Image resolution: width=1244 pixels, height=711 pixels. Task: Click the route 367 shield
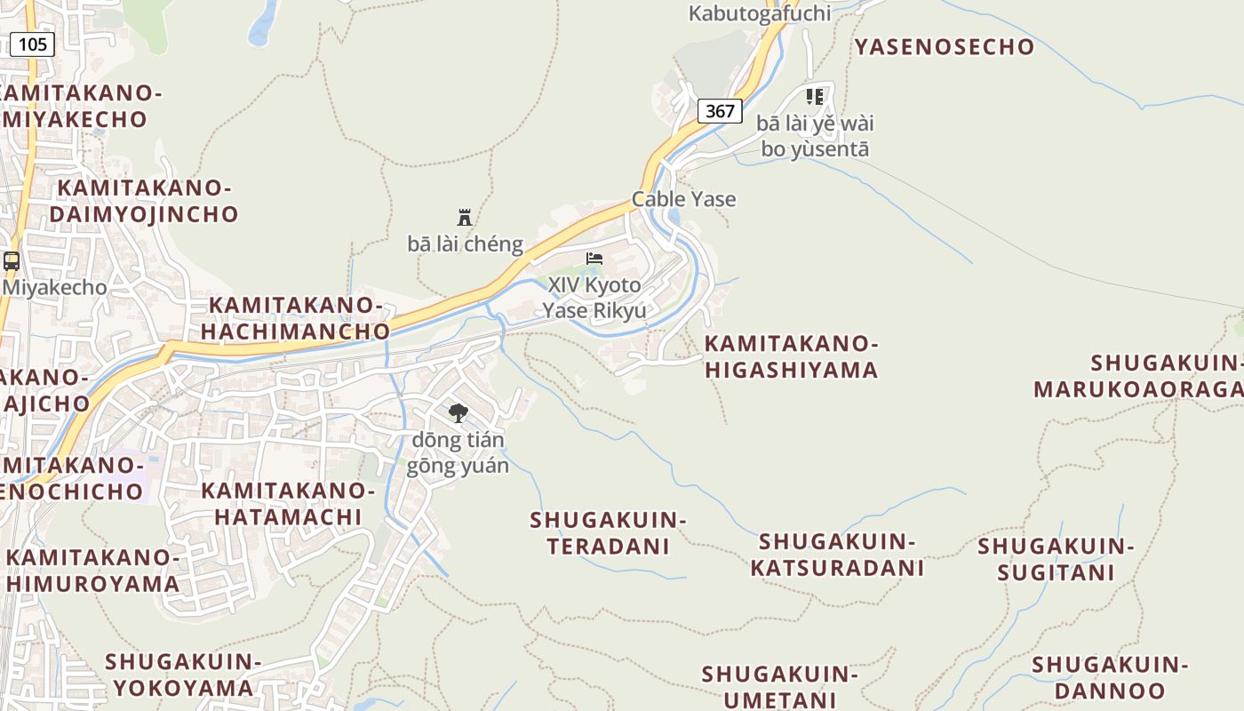[x=720, y=110]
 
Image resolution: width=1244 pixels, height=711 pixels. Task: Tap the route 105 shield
[x=33, y=44]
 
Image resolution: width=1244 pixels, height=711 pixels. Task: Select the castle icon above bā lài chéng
[x=464, y=217]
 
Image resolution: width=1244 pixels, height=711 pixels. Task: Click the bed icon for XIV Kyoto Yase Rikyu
[x=594, y=259]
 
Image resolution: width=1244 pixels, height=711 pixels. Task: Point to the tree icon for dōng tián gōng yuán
[x=458, y=412]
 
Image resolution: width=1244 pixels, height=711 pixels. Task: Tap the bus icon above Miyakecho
[x=12, y=261]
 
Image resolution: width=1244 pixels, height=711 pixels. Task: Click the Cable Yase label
[x=683, y=198]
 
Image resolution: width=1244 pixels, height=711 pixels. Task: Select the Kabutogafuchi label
[x=760, y=12]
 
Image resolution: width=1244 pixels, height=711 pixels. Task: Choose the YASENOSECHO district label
[x=945, y=46]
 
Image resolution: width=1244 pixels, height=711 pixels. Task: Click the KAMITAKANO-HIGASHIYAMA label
[x=791, y=356]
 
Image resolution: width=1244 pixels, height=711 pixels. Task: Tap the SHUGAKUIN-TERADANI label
[x=609, y=532]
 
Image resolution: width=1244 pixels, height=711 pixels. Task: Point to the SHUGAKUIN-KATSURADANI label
[x=837, y=554]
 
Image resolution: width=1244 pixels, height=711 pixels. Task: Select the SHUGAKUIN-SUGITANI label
[x=1056, y=558]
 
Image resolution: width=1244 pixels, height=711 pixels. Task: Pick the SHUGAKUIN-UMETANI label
[x=780, y=686]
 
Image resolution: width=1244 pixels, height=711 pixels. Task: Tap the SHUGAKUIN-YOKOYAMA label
[x=183, y=674]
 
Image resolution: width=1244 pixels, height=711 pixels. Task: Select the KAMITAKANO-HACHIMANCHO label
[x=295, y=318]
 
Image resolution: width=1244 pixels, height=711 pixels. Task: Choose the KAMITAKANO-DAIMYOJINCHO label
[x=144, y=201]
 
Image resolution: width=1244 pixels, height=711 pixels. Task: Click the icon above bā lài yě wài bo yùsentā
[x=814, y=96]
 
